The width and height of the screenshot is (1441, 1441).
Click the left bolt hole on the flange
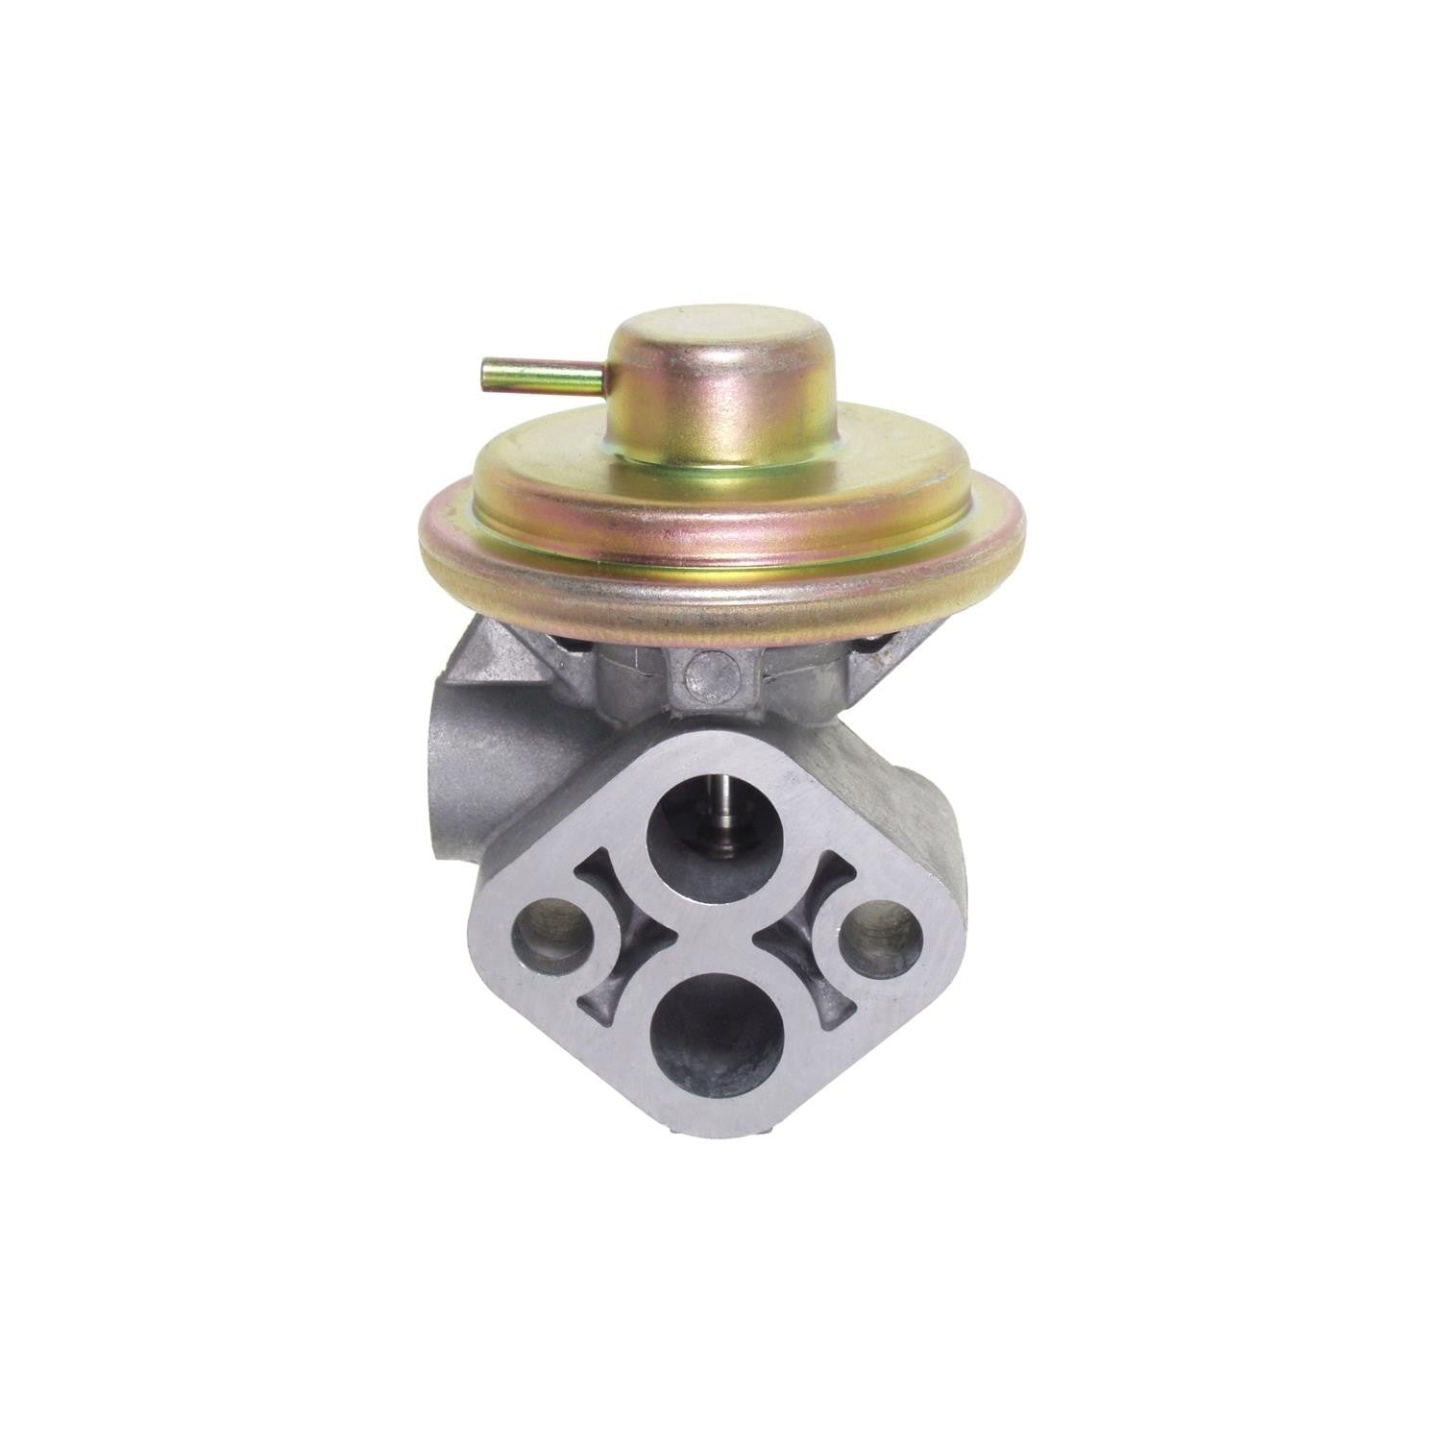[x=550, y=931]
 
